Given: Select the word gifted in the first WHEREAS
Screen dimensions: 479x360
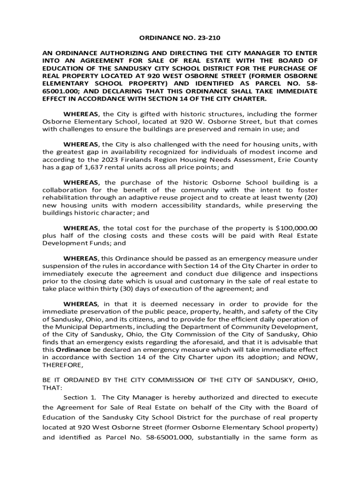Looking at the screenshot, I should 143,114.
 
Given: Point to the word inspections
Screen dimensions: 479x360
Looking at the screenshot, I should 298,274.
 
